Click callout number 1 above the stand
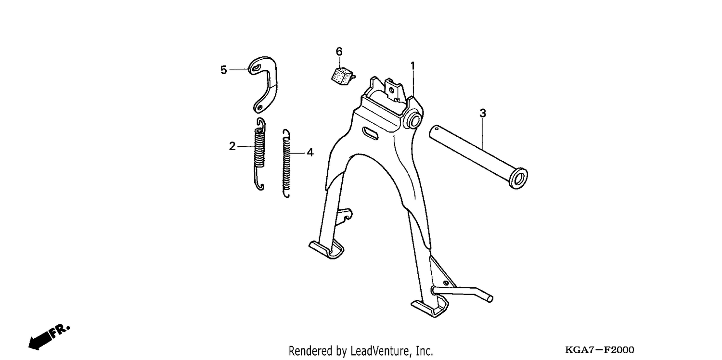413,66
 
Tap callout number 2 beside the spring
232,146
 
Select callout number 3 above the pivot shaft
482,114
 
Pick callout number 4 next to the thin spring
310,153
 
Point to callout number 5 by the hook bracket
223,70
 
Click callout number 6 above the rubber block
339,51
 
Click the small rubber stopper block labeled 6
342,76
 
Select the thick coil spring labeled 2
260,154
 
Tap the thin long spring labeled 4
286,164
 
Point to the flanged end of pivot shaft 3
518,178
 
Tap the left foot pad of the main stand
326,249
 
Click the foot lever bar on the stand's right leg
463,293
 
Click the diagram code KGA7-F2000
600,350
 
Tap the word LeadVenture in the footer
380,351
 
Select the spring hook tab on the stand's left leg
344,216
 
